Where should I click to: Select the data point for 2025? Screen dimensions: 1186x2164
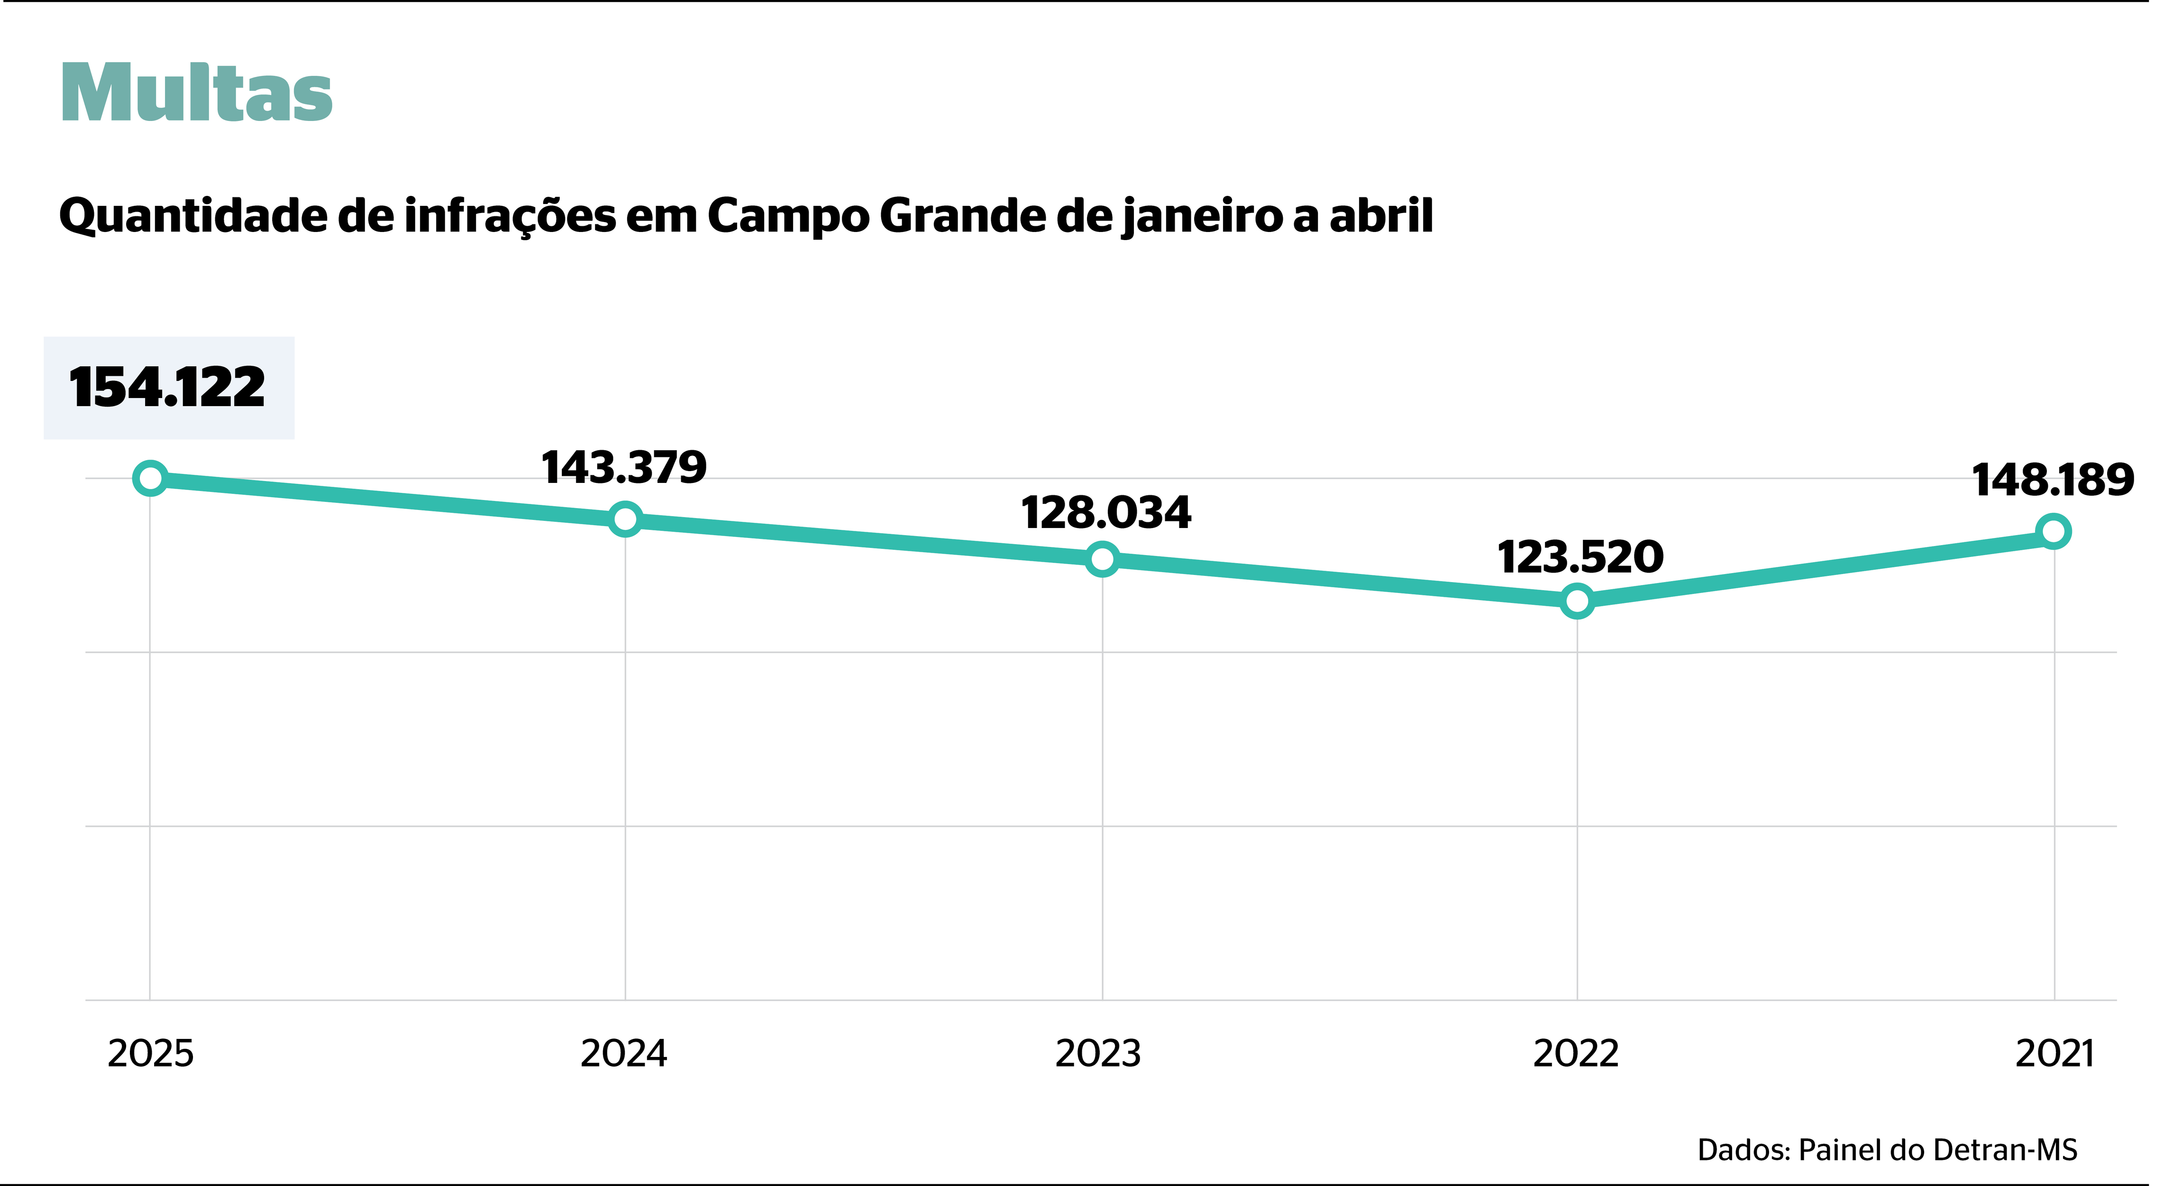150,478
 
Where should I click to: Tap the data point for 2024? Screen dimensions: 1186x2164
625,519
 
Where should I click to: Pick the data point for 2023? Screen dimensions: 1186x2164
1102,559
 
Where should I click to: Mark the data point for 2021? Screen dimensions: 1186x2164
2053,531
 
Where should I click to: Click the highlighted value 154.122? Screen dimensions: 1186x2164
167,388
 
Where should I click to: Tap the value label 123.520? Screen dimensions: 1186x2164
1580,557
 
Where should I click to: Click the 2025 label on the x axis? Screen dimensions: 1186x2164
150,1053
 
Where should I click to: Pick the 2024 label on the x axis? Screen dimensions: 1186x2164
624,1053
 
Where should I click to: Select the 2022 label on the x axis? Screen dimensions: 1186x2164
1576,1053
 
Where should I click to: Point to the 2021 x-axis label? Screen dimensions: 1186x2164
2055,1053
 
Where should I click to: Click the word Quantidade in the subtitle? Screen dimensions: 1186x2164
193,217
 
